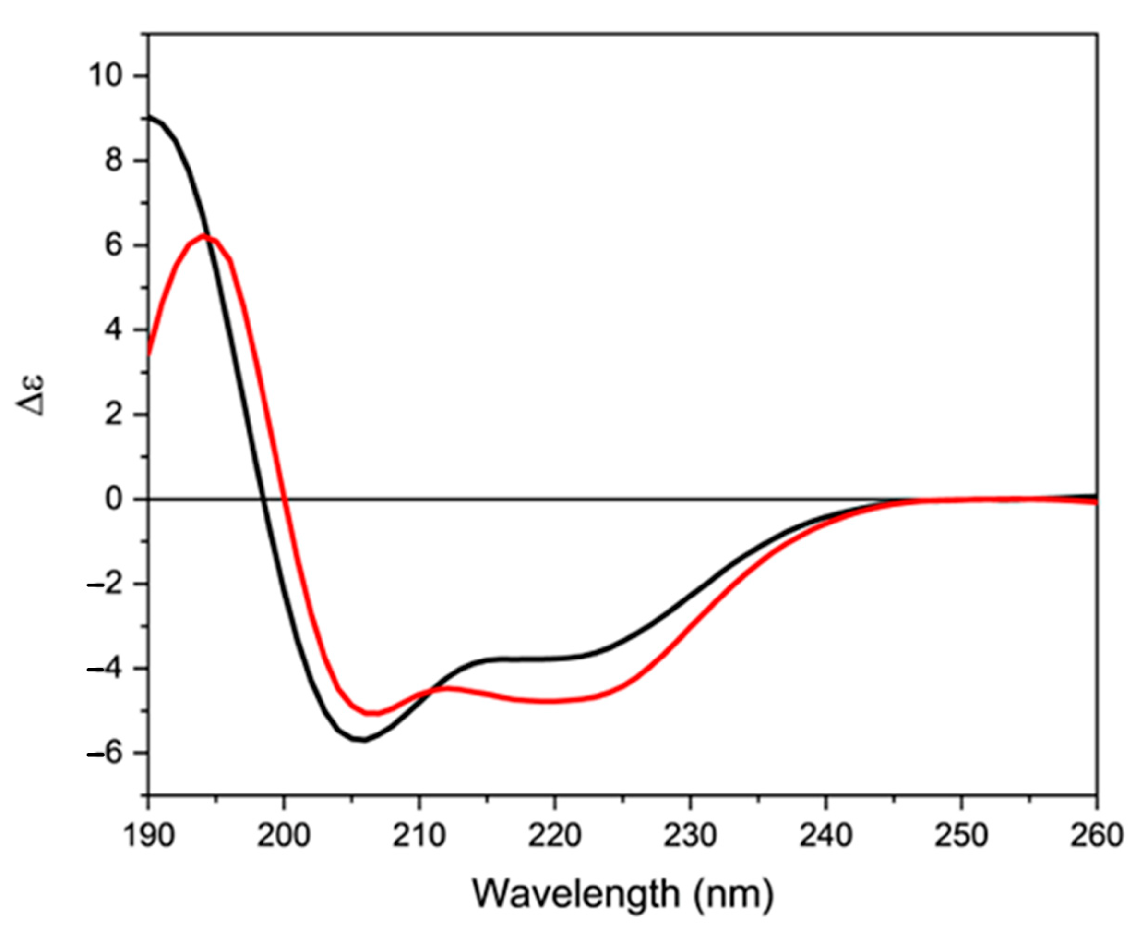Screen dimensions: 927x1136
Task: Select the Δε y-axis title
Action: (x=33, y=396)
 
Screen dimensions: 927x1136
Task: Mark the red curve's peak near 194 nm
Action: (x=203, y=235)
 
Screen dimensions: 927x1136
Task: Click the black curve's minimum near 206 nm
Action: (x=364, y=741)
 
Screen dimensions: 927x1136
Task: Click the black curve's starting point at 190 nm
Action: (x=150, y=116)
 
